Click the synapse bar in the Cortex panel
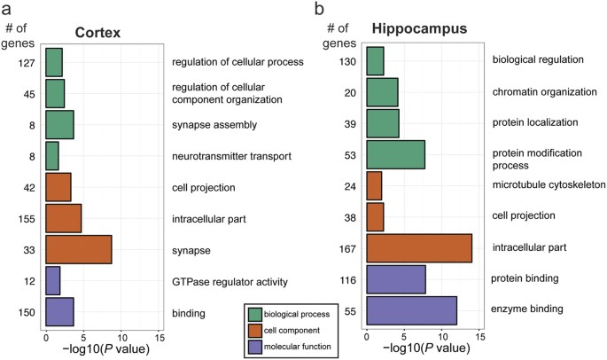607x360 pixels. click(x=78, y=250)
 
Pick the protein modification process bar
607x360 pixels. click(x=395, y=154)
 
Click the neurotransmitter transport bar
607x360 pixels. click(x=51, y=156)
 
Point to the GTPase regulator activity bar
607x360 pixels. click(x=52, y=281)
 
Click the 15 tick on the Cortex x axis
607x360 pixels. click(x=159, y=338)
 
